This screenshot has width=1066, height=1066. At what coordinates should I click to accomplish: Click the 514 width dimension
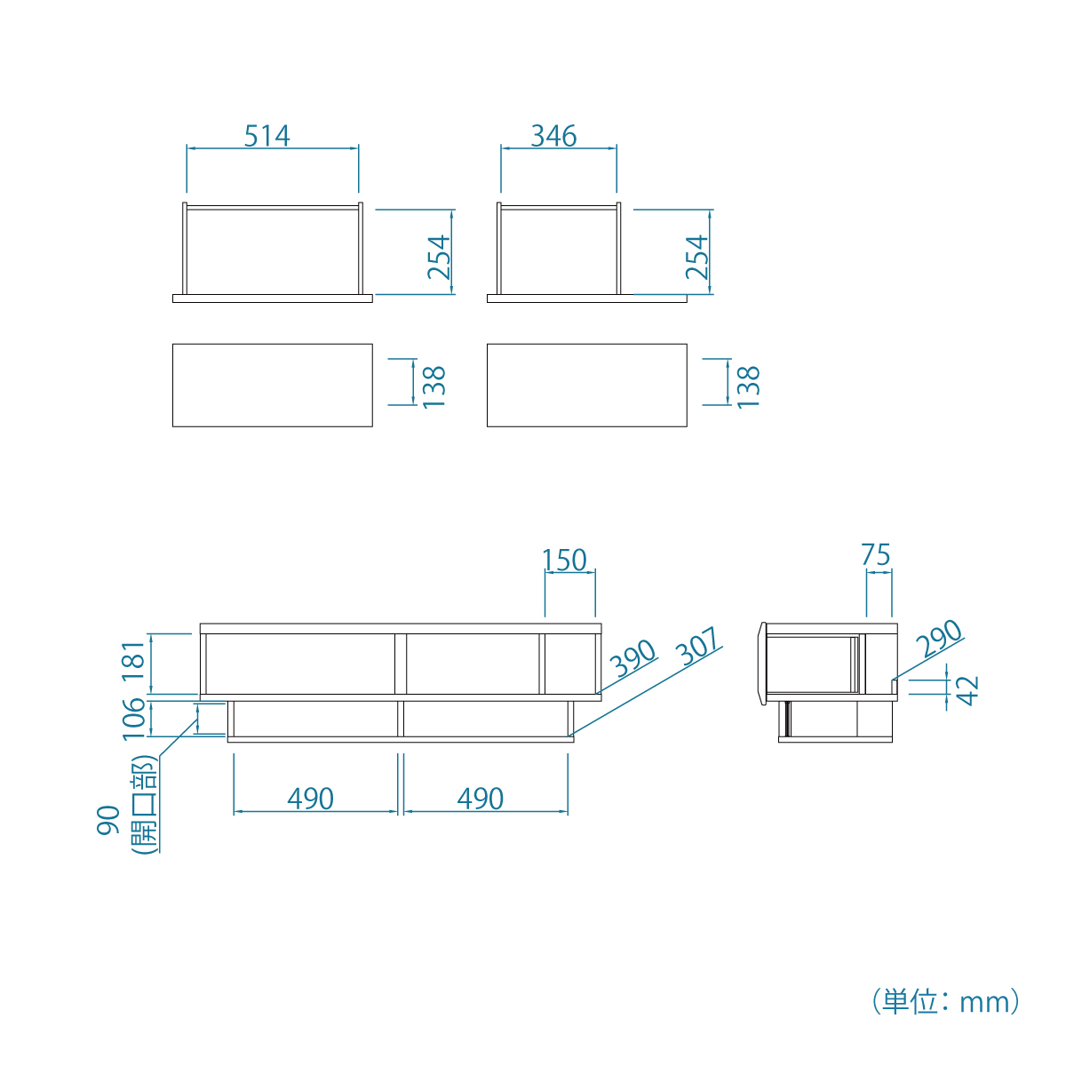[x=266, y=136]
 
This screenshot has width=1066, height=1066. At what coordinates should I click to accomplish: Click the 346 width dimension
[x=553, y=136]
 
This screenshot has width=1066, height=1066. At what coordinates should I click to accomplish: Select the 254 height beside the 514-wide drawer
[x=439, y=257]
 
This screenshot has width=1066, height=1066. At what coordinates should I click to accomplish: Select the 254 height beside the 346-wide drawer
[x=696, y=257]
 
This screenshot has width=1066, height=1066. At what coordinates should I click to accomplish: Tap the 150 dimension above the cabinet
[x=564, y=560]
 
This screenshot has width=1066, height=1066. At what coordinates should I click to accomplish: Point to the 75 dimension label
[x=876, y=555]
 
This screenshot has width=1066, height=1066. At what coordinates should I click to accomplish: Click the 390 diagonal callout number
[x=632, y=658]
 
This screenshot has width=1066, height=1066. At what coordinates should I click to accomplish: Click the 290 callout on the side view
[x=939, y=639]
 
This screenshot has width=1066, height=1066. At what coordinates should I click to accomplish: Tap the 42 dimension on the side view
[x=967, y=691]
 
